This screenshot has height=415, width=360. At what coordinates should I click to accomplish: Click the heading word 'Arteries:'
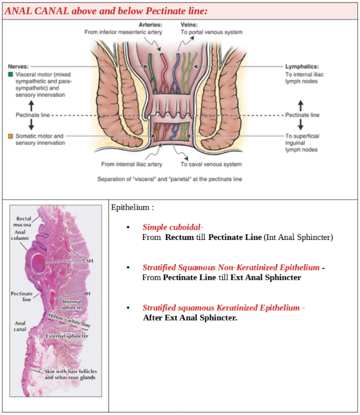[151, 24]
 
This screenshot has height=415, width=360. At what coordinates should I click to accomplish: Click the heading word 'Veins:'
[189, 24]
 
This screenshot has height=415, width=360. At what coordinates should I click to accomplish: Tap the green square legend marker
[10, 74]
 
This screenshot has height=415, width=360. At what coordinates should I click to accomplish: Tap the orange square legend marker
[10, 136]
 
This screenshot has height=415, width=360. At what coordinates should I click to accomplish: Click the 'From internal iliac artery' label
[132, 164]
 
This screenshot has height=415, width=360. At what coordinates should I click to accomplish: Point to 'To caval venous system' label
[211, 164]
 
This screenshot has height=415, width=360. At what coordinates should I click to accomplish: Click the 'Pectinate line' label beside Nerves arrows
[32, 115]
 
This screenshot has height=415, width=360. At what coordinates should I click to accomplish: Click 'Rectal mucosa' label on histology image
[24, 222]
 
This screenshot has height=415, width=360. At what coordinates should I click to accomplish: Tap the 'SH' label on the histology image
[89, 261]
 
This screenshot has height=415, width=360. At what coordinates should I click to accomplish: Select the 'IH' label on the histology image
[88, 294]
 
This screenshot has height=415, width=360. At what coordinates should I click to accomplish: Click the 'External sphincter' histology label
[67, 336]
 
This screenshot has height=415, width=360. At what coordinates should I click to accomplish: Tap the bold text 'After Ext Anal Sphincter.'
[190, 318]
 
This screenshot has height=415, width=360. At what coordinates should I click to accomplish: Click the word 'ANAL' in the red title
[17, 11]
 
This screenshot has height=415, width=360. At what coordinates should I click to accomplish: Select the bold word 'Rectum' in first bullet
[179, 237]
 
